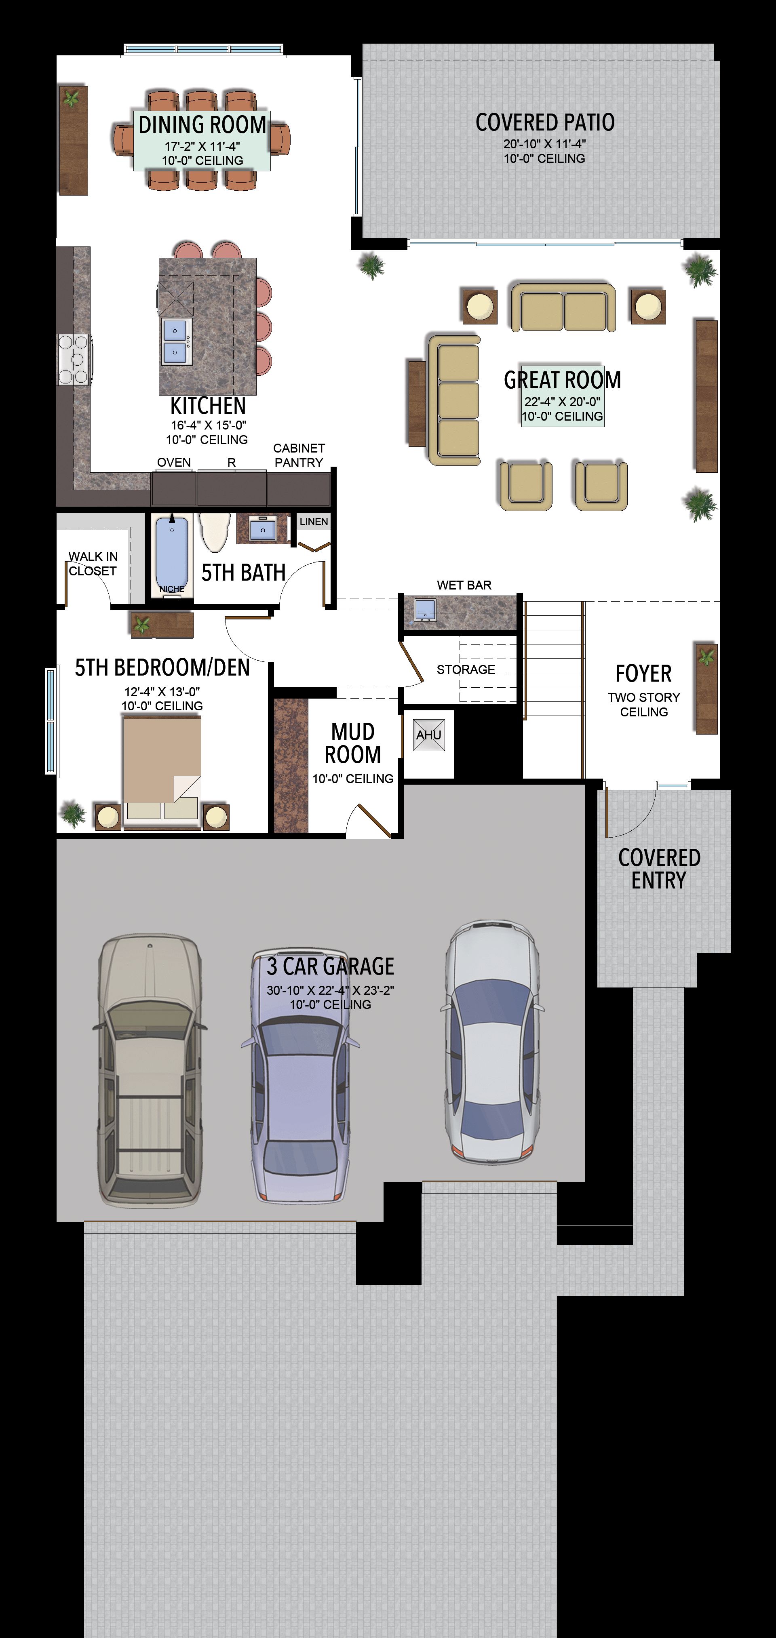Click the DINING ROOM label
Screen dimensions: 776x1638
[x=202, y=124]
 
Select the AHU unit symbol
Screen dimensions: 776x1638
[x=429, y=735]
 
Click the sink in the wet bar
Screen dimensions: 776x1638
[x=424, y=609]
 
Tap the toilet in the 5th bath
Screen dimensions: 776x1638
[x=214, y=533]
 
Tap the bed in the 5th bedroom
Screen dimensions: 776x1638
[x=162, y=771]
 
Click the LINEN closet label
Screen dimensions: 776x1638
[x=314, y=521]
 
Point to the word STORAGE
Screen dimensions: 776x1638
[x=466, y=670]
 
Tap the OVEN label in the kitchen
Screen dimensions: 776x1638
[x=174, y=462]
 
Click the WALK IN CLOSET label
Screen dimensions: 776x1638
[x=93, y=563]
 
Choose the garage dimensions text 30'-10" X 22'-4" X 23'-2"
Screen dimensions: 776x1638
[x=331, y=990]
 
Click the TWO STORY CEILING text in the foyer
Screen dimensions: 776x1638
[x=644, y=705]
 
